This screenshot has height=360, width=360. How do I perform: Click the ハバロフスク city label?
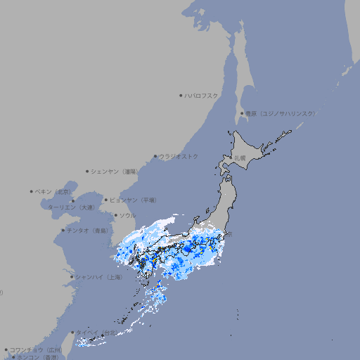pyautogui.click(x=202, y=95)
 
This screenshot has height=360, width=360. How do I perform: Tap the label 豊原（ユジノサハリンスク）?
pyautogui.click(x=280, y=113)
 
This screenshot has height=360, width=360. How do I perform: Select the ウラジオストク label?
pyautogui.click(x=179, y=156)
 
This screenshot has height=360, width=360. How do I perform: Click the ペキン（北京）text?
pyautogui.click(x=53, y=191)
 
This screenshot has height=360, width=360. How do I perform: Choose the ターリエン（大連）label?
pyautogui.click(x=71, y=207)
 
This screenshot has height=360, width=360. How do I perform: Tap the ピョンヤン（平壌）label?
pyautogui.click(x=134, y=200)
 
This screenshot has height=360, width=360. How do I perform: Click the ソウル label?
pyautogui.click(x=127, y=215)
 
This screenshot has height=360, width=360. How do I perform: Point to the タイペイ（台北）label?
pyautogui.click(x=97, y=333)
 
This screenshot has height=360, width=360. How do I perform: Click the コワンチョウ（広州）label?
pyautogui.click(x=36, y=349)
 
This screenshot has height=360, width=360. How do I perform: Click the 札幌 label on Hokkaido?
pyautogui.click(x=240, y=158)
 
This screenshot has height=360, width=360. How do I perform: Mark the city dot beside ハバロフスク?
pyautogui.click(x=181, y=95)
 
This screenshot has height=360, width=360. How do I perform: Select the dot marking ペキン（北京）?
pyautogui.click(x=32, y=191)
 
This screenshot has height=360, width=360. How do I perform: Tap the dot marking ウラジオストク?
pyautogui.click(x=155, y=156)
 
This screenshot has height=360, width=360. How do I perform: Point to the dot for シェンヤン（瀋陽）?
pyautogui.click(x=87, y=171)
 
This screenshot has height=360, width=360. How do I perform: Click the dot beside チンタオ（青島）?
pyautogui.click(x=63, y=230)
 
